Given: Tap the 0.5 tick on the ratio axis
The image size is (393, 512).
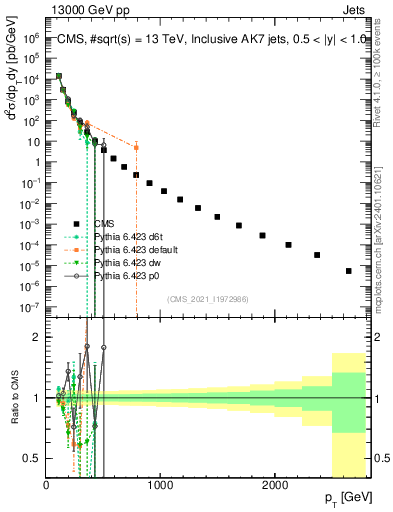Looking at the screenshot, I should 35,458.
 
